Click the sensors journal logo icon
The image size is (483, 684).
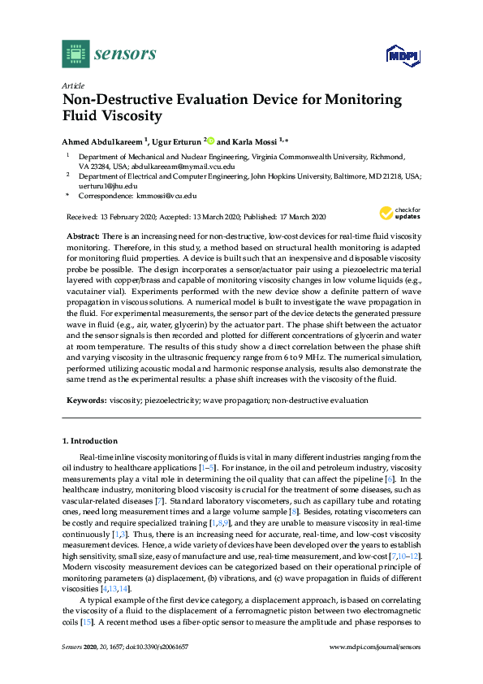[75, 54]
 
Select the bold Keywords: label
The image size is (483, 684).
[85, 400]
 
